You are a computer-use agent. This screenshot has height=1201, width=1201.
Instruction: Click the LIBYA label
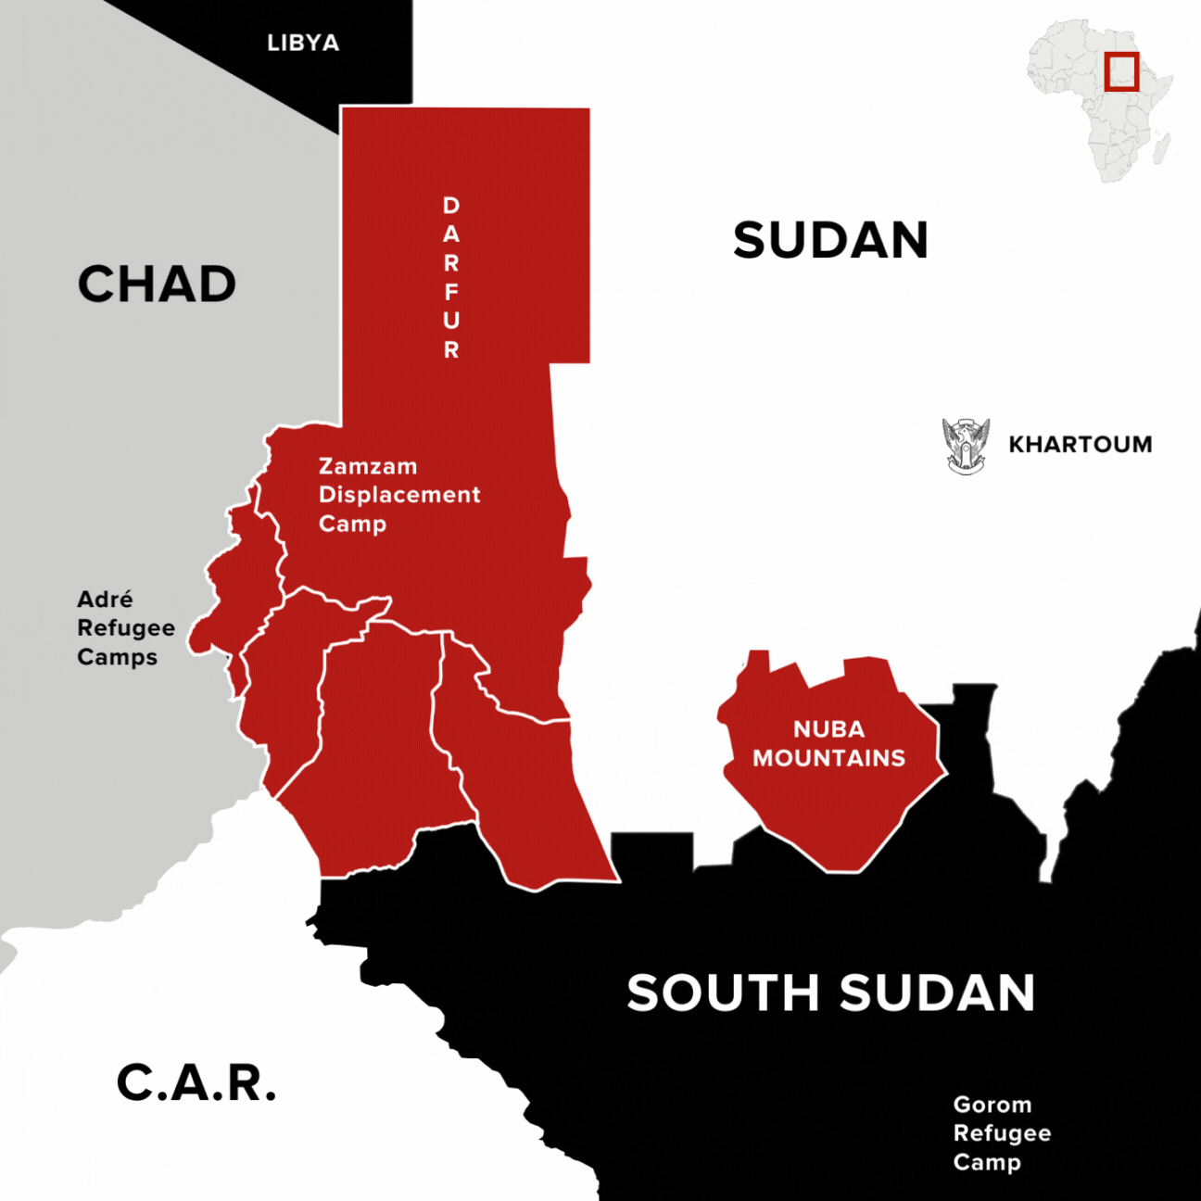point(303,43)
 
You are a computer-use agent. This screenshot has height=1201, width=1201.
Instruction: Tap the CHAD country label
point(157,284)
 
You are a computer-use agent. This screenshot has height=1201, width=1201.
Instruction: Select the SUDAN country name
point(830,241)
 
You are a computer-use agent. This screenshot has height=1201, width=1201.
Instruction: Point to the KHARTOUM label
point(1081,445)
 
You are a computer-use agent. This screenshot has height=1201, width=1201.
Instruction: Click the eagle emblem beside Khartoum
point(966,446)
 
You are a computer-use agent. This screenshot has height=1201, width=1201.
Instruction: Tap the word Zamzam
point(368,466)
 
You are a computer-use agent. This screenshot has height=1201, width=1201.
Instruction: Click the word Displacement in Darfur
point(399,495)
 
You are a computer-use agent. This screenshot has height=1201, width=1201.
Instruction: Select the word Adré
point(105,600)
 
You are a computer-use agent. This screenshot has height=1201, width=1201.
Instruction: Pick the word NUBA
point(828,729)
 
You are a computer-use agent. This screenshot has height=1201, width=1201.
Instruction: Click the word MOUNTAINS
point(828,758)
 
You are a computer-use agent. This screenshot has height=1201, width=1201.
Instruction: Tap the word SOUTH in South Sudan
point(723,993)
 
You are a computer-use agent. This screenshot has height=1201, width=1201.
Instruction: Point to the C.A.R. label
point(196,1082)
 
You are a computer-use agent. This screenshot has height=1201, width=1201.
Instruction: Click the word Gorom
point(992,1105)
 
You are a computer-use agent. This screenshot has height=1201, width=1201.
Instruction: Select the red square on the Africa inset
point(1121,72)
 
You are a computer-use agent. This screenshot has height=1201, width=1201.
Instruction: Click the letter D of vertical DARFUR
point(451,205)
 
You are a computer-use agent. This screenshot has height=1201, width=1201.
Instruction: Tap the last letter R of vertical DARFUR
point(451,349)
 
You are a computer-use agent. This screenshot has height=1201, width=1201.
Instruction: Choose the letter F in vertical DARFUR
point(451,292)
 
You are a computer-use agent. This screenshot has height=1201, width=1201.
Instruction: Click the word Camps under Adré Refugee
point(117,657)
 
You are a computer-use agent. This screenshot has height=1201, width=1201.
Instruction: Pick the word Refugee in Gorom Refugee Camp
point(1002,1133)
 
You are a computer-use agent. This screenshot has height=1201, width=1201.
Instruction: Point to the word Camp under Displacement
point(352,525)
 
